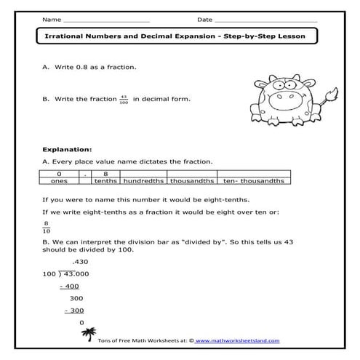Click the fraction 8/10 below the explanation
pos(47,228)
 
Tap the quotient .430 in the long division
pos(80,261)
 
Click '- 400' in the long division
pos(70,286)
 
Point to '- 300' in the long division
pos(74,311)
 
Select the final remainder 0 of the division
pos(81,323)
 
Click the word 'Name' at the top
pos(52,18)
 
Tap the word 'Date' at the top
pos(204,18)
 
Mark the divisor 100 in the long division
pos(49,273)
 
